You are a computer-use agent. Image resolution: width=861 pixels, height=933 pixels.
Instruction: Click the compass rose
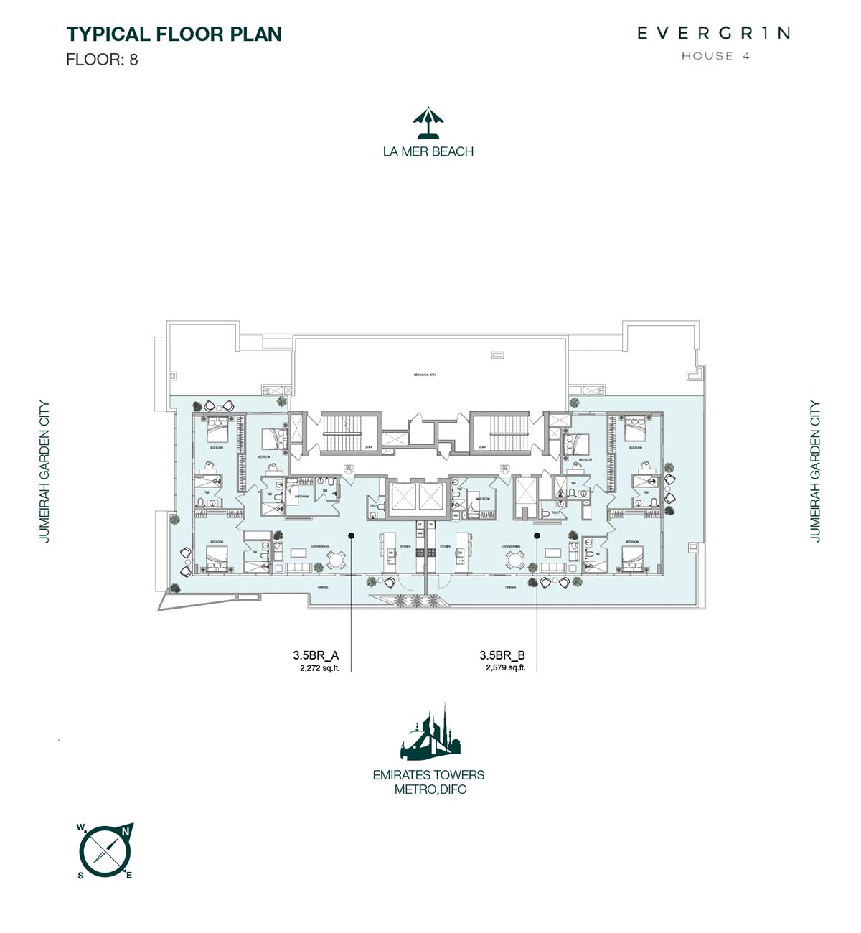[105, 851]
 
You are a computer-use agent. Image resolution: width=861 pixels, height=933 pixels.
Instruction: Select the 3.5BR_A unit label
[316, 655]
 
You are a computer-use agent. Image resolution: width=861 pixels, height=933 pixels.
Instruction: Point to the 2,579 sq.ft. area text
[505, 667]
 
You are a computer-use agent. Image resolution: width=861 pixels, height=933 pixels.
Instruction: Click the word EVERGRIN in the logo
[714, 33]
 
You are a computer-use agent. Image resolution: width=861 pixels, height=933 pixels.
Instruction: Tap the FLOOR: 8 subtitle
[102, 60]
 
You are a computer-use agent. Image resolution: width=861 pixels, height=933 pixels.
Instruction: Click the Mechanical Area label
[425, 375]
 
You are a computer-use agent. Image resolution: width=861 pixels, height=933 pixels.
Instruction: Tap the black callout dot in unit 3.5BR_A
[351, 535]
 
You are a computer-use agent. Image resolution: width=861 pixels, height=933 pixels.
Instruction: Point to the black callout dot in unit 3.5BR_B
[537, 535]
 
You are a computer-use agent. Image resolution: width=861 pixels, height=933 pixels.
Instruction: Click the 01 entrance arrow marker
[349, 471]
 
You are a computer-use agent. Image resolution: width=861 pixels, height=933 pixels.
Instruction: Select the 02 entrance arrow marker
[505, 471]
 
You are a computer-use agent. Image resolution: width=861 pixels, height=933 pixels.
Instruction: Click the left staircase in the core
[342, 432]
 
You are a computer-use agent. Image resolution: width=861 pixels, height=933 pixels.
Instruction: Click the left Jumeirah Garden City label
[45, 471]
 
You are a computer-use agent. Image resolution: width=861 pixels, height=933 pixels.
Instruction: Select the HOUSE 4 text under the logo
[715, 56]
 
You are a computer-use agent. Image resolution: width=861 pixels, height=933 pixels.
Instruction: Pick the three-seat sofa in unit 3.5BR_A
[298, 568]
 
